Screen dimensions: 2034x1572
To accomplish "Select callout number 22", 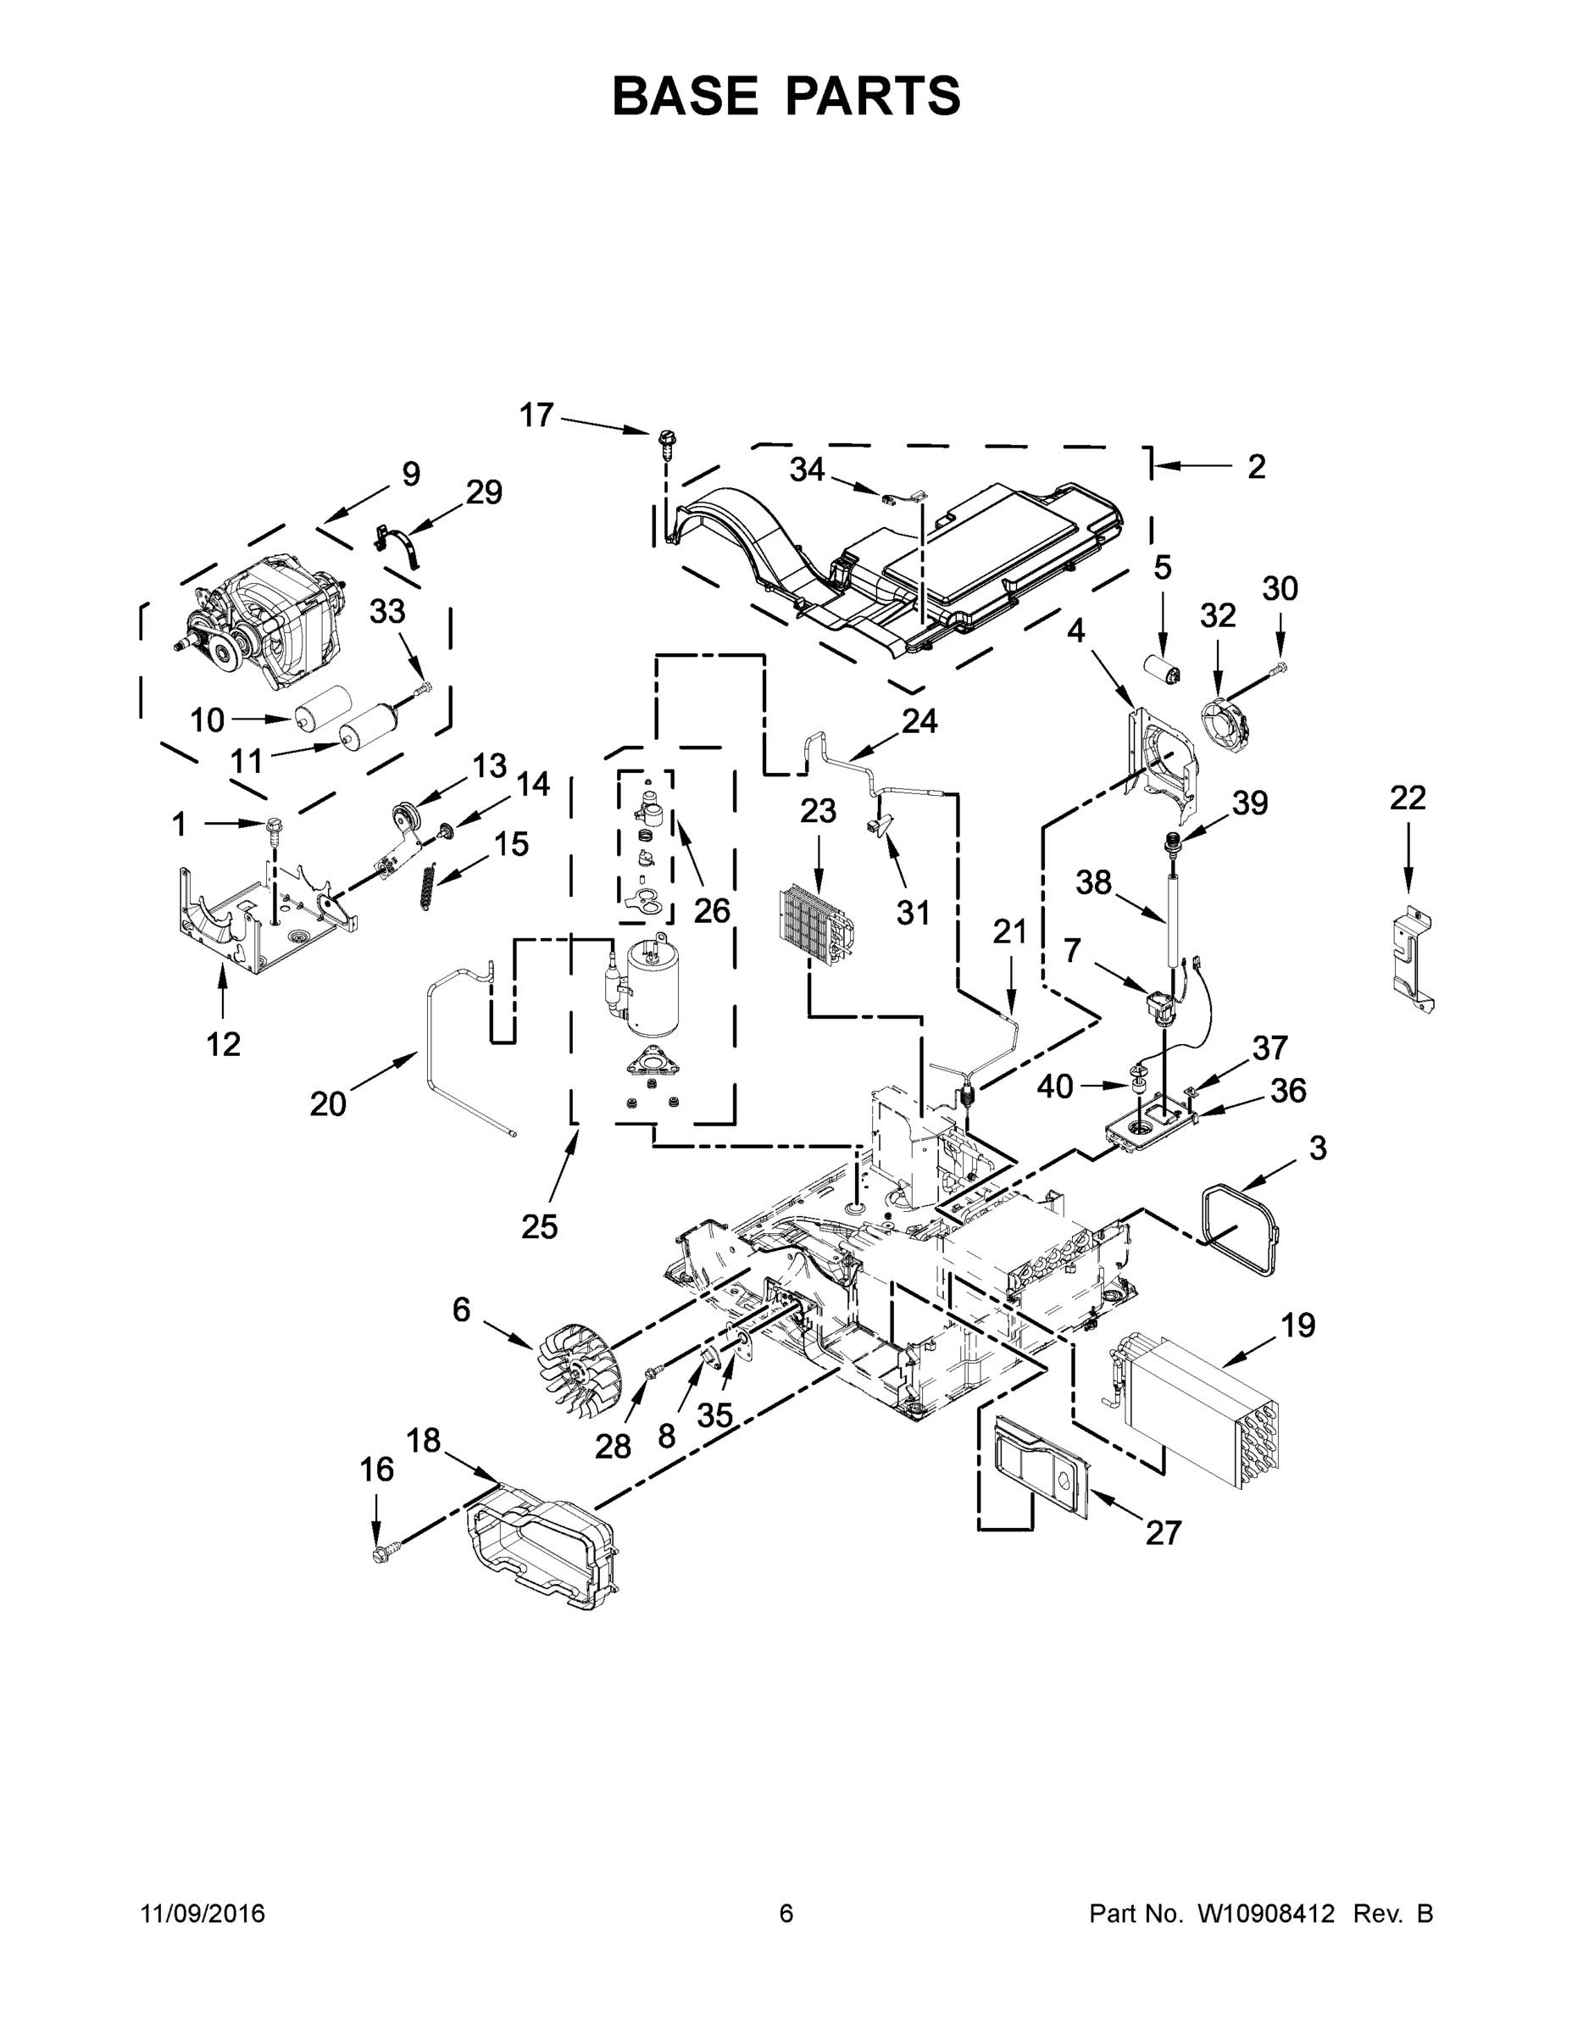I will click(1407, 798).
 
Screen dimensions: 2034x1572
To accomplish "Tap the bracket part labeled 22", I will click(1413, 959).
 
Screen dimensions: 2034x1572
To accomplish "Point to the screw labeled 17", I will click(667, 441).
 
